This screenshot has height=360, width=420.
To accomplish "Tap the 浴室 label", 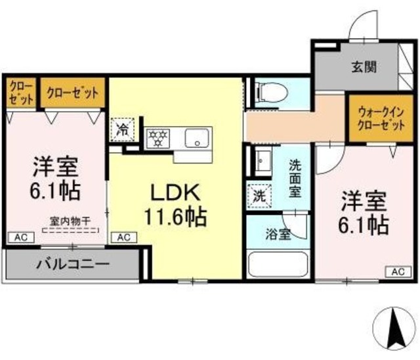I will (x=278, y=235).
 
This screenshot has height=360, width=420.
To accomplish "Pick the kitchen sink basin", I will (x=196, y=139).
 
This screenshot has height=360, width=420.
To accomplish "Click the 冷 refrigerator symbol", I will (x=121, y=129).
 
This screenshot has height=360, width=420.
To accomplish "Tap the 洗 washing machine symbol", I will (x=259, y=195).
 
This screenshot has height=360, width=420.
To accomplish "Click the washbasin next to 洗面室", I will (x=262, y=160).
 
